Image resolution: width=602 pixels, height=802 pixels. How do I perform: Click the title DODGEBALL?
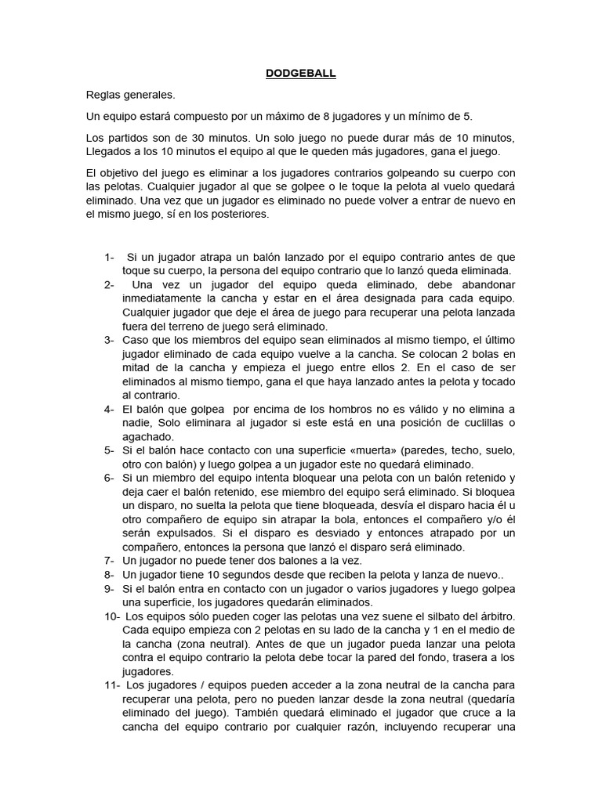[x=300, y=73]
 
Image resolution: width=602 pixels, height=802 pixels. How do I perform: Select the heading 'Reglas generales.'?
[x=131, y=95]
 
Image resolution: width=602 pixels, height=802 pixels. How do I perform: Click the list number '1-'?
[x=109, y=258]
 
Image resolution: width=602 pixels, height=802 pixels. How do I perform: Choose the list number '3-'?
[x=109, y=340]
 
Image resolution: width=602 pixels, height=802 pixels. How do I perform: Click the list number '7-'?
[x=109, y=561]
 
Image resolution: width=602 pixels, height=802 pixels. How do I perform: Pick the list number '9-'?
[x=109, y=588]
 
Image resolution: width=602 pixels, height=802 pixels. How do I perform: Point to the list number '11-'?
[x=109, y=685]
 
